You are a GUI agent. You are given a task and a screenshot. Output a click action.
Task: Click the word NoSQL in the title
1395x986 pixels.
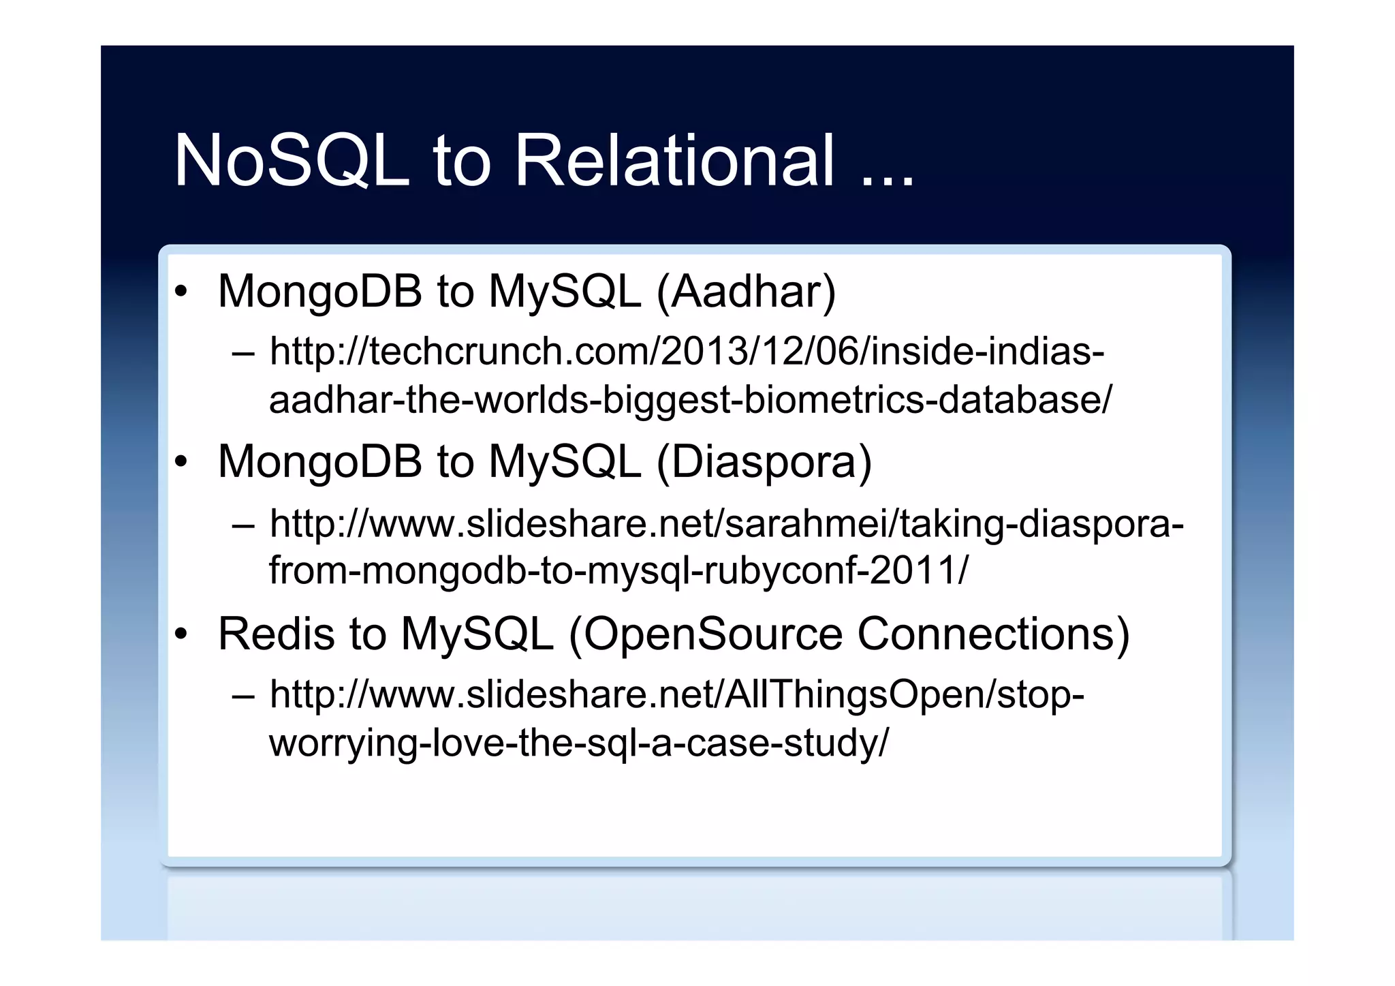coord(292,161)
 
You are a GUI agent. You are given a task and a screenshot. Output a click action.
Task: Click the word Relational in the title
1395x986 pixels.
coord(674,161)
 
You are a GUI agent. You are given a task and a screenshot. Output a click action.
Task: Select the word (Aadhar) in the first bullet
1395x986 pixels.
coord(746,292)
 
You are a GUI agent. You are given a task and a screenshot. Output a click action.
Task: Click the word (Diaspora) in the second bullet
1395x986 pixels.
coord(764,463)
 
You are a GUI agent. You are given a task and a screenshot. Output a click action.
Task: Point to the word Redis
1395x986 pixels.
coord(276,634)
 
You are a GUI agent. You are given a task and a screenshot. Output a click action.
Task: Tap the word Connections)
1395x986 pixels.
coord(993,634)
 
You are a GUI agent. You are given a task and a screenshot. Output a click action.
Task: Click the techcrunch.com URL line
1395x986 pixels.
coord(687,352)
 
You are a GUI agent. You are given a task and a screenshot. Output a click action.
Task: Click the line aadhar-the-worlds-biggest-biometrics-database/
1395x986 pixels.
coord(690,400)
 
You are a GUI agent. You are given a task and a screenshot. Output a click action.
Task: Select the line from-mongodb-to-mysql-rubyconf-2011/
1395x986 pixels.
coord(618,571)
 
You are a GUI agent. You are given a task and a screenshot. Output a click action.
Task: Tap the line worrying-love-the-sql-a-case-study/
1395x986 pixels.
coord(579,743)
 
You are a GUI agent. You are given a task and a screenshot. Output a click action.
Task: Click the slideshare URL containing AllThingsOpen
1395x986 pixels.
coord(676,695)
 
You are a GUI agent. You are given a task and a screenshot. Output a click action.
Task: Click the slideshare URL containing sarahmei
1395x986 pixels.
coord(726,524)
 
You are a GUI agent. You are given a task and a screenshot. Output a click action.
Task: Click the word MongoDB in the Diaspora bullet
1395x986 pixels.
coord(320,463)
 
